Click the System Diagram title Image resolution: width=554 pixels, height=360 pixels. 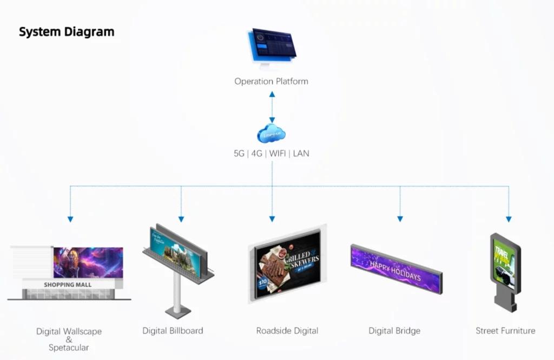click(67, 32)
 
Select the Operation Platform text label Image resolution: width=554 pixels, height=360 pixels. click(271, 82)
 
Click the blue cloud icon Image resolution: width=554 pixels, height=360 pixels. click(272, 133)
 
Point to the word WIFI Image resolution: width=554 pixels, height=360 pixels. click(278, 154)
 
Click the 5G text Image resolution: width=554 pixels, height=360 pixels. click(239, 154)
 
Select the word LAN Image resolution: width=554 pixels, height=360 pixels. click(301, 154)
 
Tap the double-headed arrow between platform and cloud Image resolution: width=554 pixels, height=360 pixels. click(272, 107)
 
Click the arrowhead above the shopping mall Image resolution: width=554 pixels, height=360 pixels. click(70, 219)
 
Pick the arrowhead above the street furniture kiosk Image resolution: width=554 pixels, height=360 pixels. click(509, 219)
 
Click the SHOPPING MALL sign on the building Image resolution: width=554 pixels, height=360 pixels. click(68, 285)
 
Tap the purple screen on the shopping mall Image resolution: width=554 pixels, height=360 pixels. click(88, 262)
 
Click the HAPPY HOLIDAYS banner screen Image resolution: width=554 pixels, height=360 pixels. click(395, 269)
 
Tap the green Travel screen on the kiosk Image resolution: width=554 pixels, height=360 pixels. click(504, 264)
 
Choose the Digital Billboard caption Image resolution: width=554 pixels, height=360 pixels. click(173, 330)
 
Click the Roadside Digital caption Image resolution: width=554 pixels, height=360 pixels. click(287, 330)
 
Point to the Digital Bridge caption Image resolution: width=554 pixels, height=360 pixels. click(394, 330)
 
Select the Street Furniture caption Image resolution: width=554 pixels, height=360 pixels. click(505, 330)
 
